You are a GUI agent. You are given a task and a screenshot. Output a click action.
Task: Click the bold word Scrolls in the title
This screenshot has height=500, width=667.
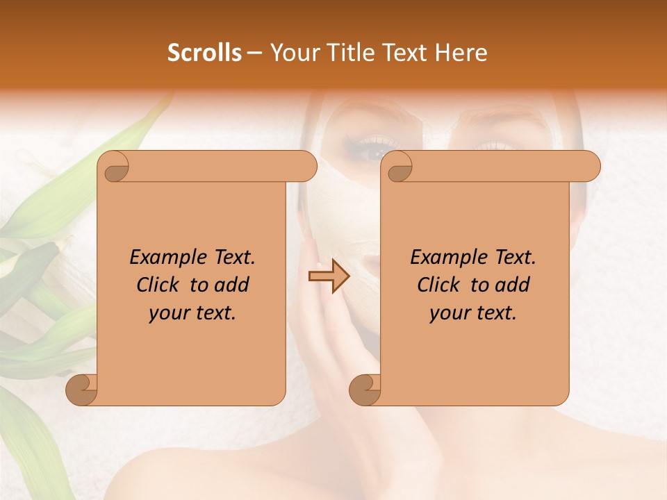tap(204, 53)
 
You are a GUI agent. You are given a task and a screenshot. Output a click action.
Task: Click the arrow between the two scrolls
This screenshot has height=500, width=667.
tap(329, 276)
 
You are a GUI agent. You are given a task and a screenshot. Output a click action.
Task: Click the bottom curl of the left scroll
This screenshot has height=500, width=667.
tap(82, 390)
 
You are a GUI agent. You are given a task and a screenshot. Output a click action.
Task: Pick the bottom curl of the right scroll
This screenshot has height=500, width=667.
tap(365, 390)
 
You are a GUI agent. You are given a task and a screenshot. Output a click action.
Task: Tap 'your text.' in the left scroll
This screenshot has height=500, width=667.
tap(192, 312)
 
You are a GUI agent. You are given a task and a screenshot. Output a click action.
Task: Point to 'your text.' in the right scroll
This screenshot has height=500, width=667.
tap(473, 312)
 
